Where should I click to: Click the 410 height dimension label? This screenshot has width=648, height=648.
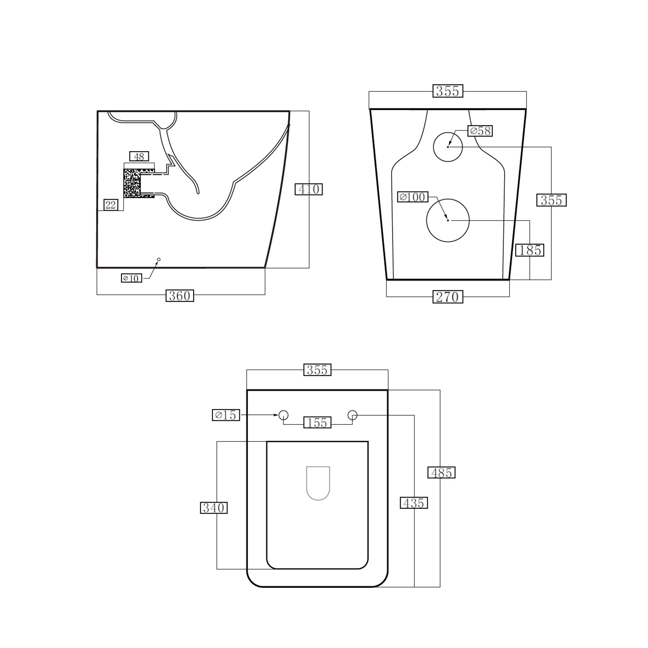(x=309, y=189)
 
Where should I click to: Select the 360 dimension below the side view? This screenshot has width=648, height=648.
(x=180, y=296)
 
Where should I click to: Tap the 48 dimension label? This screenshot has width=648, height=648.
(x=139, y=156)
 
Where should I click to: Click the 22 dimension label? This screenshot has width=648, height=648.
(x=111, y=205)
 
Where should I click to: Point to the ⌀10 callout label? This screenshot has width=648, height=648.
(x=132, y=278)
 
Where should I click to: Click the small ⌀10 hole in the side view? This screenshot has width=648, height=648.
(x=159, y=259)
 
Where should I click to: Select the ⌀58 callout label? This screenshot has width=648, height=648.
(x=480, y=131)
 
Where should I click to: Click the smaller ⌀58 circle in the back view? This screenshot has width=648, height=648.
(x=448, y=147)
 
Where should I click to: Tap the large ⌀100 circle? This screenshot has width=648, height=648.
(x=448, y=220)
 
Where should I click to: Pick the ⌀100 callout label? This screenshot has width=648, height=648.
(x=413, y=197)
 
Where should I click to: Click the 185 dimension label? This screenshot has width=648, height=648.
(x=530, y=250)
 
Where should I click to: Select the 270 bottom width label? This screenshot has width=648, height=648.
(x=448, y=297)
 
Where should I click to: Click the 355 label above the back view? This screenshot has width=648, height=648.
(x=448, y=91)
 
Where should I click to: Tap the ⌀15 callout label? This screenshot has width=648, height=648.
(x=226, y=415)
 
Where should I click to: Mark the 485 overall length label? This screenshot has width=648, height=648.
(x=441, y=473)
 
